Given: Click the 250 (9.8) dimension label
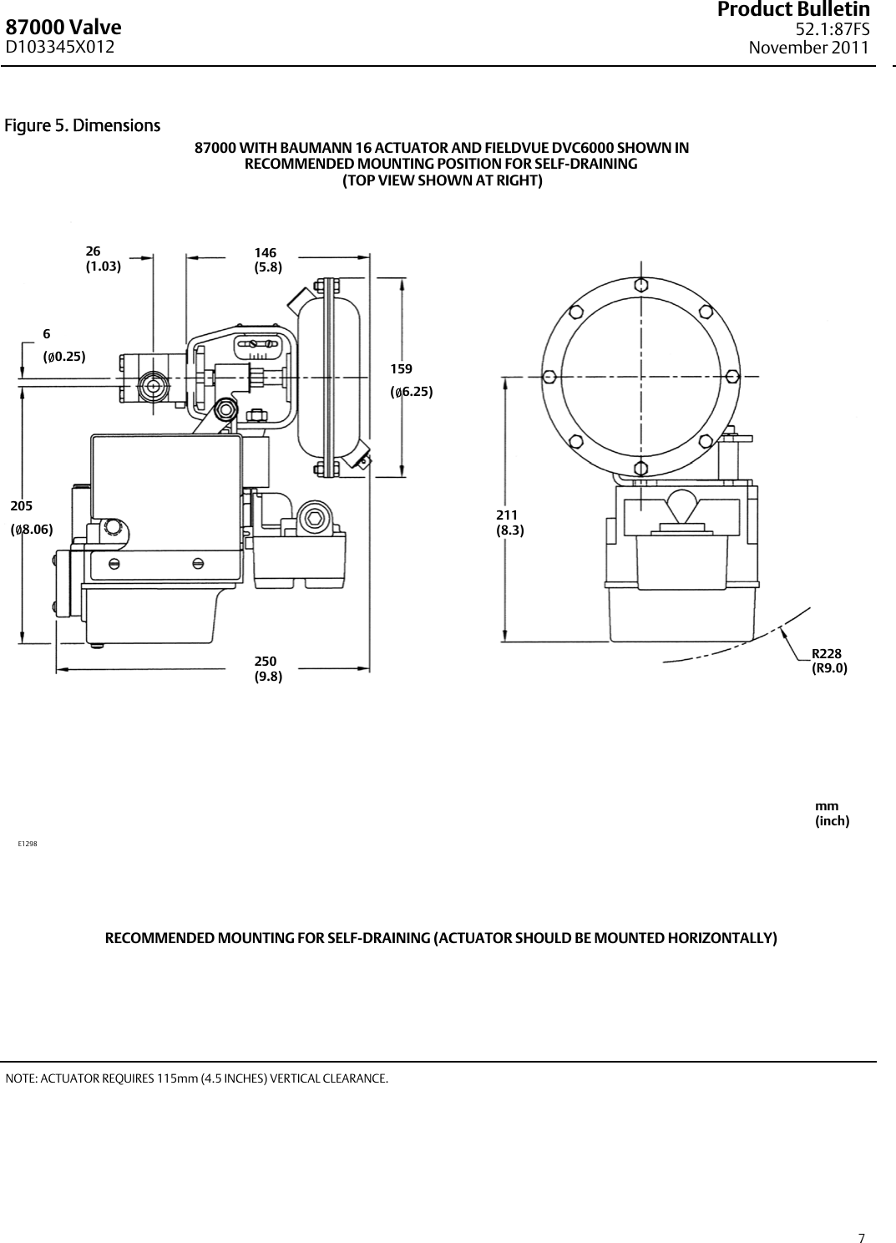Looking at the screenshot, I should click(x=268, y=669).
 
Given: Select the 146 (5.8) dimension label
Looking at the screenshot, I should click(x=268, y=260).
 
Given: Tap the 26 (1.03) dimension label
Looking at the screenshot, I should click(x=104, y=259).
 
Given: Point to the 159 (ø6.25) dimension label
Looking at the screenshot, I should click(x=412, y=379).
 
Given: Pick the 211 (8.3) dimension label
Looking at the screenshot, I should click(x=510, y=522).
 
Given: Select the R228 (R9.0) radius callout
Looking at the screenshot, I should click(x=829, y=661).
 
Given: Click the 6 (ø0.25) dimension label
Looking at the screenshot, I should click(x=64, y=345).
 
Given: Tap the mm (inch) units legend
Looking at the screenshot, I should click(x=832, y=814).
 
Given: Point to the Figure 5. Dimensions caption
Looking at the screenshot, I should click(x=83, y=126).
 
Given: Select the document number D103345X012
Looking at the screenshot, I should click(x=62, y=48).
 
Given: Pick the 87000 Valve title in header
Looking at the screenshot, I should click(x=63, y=28).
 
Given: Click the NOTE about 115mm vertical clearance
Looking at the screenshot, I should click(x=196, y=1078).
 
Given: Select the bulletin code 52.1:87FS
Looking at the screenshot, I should click(x=832, y=30).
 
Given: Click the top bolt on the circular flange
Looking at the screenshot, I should click(x=640, y=284).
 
